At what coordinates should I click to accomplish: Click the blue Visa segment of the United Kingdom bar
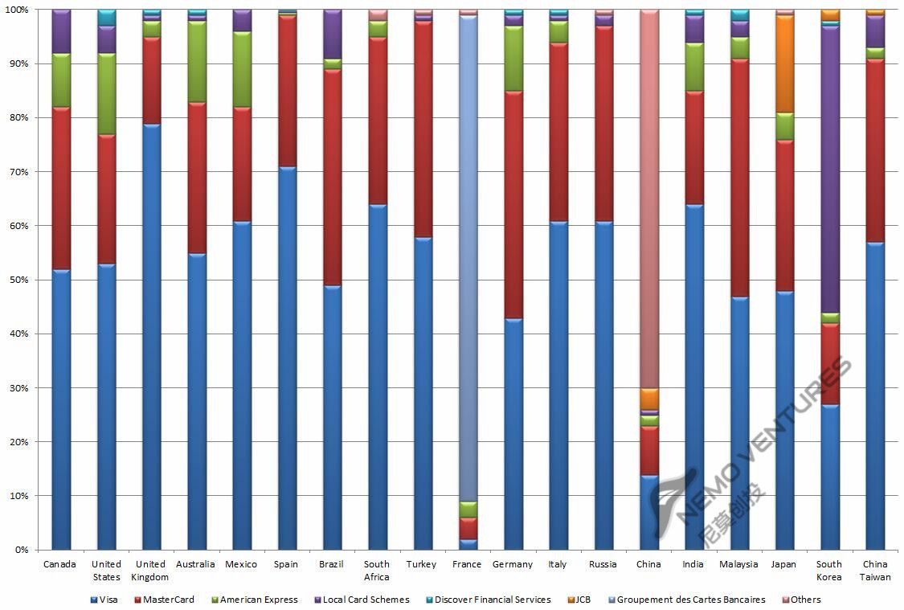click(x=150, y=338)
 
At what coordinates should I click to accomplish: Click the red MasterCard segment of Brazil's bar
click(x=331, y=177)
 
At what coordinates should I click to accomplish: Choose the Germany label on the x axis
click(x=512, y=564)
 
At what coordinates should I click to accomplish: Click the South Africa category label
click(x=376, y=570)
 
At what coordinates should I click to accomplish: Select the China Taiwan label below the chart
click(x=874, y=570)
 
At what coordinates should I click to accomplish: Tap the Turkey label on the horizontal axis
click(x=421, y=564)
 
